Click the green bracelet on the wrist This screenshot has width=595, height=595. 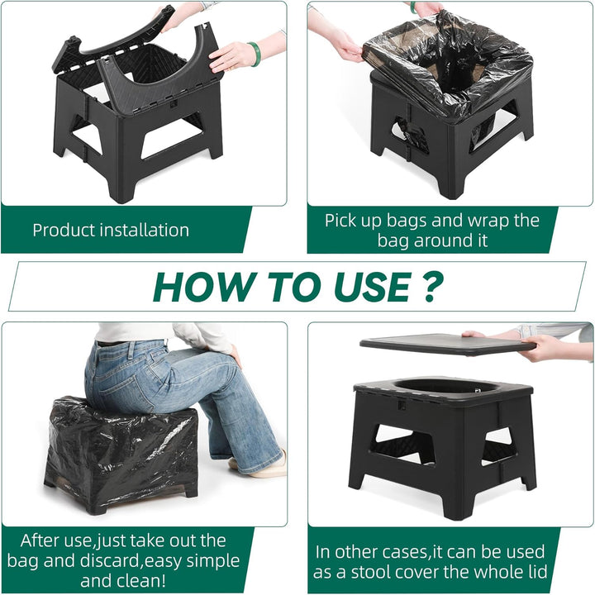coord(255,55)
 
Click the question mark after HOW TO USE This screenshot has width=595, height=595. coord(432,287)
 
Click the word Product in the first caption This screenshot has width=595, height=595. coord(64,230)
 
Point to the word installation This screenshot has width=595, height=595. coord(144,230)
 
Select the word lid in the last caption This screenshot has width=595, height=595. coord(535,572)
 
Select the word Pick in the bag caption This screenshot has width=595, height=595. coord(339,221)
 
